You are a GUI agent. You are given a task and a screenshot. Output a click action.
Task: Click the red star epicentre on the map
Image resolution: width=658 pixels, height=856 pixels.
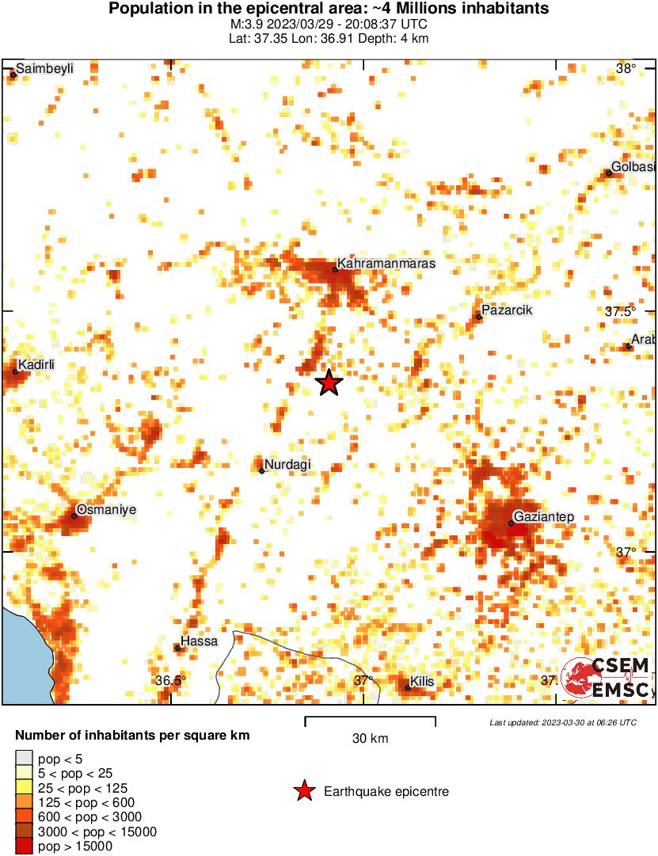(x=329, y=382)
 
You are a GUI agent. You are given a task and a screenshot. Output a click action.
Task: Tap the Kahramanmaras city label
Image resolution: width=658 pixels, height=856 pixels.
(x=386, y=264)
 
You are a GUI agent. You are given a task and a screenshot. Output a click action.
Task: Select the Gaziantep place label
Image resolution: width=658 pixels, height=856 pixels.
(x=543, y=518)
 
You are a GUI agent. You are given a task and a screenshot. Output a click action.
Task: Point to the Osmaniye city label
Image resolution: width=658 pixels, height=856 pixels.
(x=106, y=510)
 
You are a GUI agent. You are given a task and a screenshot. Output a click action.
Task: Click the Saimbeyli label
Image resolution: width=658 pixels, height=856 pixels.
(x=44, y=69)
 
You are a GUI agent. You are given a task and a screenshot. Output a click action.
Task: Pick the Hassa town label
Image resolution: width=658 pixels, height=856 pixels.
(x=199, y=641)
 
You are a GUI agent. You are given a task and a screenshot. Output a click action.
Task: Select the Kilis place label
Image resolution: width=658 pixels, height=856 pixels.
(x=421, y=681)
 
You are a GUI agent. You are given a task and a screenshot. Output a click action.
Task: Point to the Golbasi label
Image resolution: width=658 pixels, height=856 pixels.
(x=633, y=167)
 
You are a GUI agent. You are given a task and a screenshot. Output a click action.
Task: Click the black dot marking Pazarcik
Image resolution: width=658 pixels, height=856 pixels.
(x=478, y=317)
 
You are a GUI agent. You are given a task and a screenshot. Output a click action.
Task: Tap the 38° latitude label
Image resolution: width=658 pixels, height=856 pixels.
(x=626, y=69)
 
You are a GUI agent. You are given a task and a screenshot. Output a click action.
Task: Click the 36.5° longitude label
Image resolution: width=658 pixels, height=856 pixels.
(x=170, y=680)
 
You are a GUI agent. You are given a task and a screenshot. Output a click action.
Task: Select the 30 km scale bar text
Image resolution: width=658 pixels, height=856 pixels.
(x=370, y=739)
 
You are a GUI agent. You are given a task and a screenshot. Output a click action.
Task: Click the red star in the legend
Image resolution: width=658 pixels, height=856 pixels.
(x=303, y=791)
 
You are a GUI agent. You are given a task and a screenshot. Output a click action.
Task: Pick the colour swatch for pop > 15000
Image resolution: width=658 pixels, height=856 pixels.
(x=25, y=846)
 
